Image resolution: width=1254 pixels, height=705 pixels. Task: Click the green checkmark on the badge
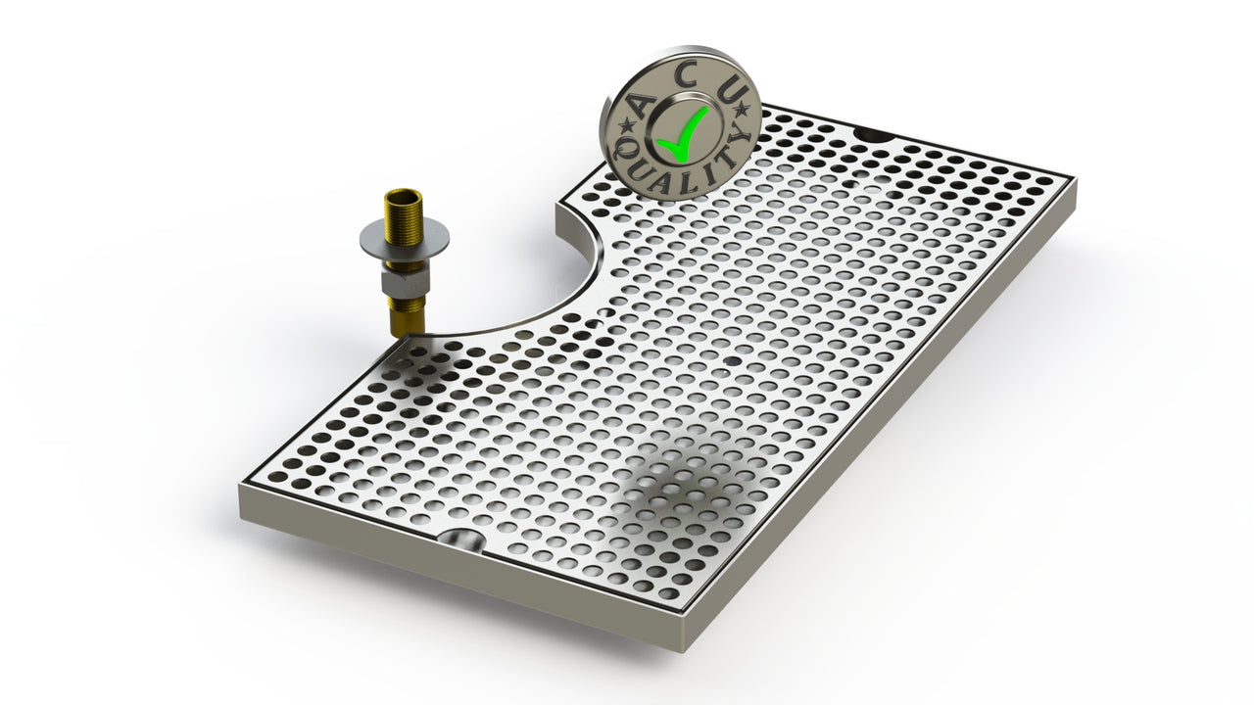(683, 136)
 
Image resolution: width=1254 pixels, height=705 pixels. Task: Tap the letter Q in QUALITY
(624, 149)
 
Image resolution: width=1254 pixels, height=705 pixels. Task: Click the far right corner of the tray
(1075, 181)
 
